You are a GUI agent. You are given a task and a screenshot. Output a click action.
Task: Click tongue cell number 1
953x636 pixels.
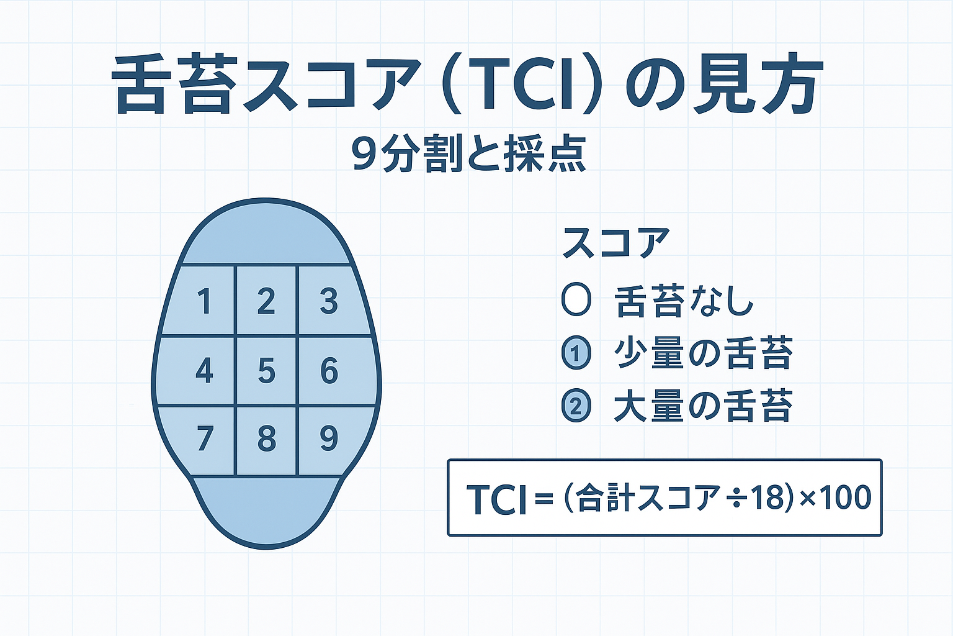[x=204, y=302]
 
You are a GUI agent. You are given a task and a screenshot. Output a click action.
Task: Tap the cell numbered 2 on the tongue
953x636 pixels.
[x=266, y=302]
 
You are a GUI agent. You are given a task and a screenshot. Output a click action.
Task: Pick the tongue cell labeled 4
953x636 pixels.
[x=204, y=371]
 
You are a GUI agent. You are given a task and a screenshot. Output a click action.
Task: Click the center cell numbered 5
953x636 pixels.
[x=266, y=371]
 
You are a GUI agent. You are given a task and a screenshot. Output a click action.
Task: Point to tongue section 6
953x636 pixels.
[x=329, y=371]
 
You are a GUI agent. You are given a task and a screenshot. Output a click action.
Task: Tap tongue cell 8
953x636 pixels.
[x=266, y=439]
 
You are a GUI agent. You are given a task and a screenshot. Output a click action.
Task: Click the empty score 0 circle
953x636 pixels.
[x=575, y=301]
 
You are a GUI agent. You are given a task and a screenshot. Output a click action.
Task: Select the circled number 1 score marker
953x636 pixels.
[x=576, y=353]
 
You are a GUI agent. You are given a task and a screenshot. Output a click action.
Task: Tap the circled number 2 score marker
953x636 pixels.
[x=576, y=406]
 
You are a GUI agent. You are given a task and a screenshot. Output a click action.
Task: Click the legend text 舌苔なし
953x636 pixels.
[x=684, y=302]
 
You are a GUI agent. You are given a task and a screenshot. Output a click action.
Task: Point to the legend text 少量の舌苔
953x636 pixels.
[x=704, y=353]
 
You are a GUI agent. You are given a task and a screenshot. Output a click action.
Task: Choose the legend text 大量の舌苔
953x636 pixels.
[x=704, y=406]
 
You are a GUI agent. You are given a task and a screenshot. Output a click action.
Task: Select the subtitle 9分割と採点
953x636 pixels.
[x=468, y=153]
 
